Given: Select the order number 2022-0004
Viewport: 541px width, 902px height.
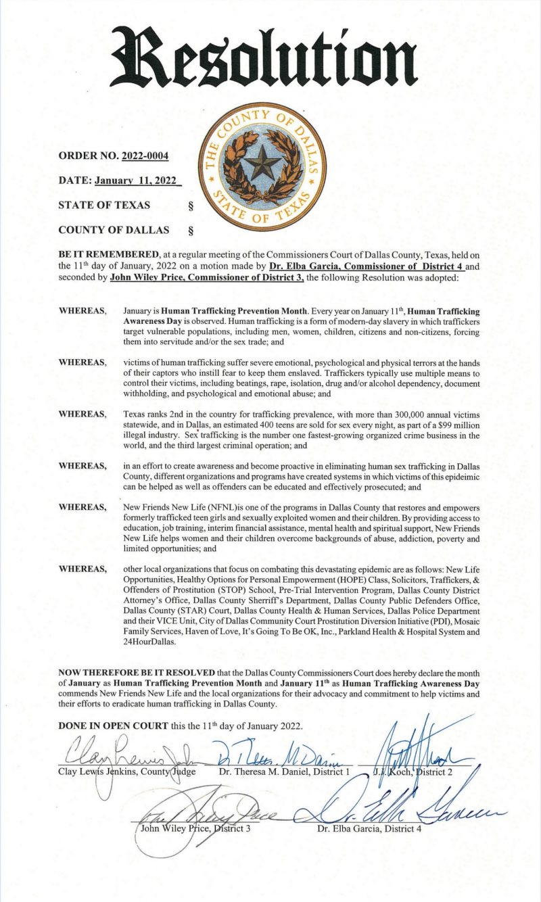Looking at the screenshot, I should [145, 157].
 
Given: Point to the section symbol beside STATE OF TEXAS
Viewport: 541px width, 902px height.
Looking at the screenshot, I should [189, 205].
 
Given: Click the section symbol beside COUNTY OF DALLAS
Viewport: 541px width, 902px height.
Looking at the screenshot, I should [189, 230].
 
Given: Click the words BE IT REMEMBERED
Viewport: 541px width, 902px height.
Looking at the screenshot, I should [101, 255].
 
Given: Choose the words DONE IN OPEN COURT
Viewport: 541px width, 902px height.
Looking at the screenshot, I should [113, 725].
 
